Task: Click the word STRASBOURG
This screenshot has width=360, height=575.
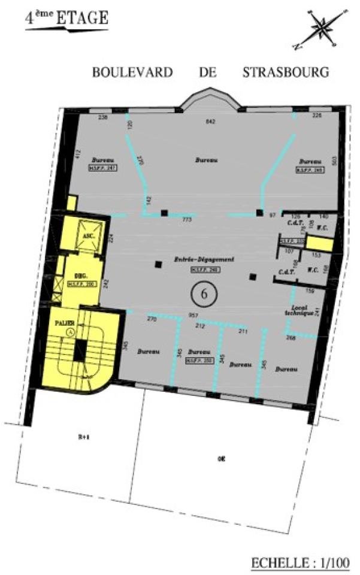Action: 286,72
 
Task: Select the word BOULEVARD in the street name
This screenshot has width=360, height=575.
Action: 132,72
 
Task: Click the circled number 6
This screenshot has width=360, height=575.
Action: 204,293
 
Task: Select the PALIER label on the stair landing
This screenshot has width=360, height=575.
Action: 65,323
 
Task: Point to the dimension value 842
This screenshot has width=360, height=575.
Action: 210,122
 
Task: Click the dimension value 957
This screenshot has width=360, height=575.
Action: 193,315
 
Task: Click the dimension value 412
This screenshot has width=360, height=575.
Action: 77,154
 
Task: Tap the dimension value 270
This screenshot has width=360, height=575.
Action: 152,319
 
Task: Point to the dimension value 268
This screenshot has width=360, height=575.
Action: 291,338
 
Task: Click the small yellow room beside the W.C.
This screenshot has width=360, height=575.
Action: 323,244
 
